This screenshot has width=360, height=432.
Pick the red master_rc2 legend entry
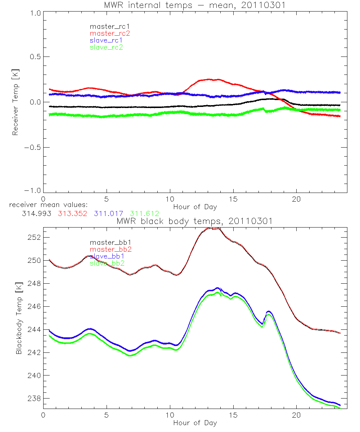(x=109, y=33)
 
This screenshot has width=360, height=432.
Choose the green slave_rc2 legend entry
(x=106, y=47)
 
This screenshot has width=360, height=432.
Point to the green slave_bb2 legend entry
(x=107, y=263)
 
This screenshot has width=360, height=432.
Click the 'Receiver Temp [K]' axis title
(x=15, y=102)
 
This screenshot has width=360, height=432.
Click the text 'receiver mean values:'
(x=46, y=205)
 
